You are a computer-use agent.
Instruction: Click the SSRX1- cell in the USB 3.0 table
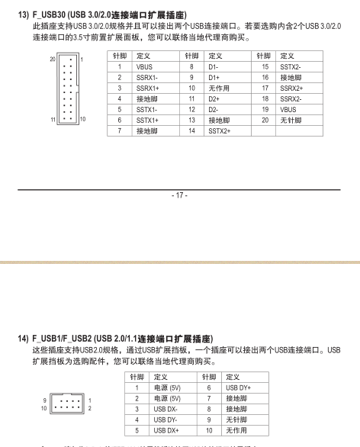(x=147, y=77)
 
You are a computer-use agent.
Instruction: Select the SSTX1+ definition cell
(x=147, y=120)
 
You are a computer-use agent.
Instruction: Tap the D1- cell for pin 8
(x=214, y=66)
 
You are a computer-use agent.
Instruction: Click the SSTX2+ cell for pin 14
(x=219, y=130)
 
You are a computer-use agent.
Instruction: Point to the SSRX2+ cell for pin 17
(x=291, y=88)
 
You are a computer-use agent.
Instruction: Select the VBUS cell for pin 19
(x=288, y=109)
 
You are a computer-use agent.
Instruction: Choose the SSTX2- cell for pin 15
(x=291, y=66)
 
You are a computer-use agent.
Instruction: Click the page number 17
(x=180, y=196)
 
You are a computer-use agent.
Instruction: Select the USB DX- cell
(x=166, y=408)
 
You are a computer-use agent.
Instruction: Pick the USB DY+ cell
(x=238, y=387)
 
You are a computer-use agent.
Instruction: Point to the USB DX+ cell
(x=166, y=429)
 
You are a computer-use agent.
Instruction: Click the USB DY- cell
(x=166, y=419)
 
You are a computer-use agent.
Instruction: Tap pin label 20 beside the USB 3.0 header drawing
(x=53, y=59)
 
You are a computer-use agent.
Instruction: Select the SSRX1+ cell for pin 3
(x=148, y=88)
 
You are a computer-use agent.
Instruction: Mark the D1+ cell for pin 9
(x=214, y=77)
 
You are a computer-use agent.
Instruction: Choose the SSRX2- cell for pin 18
(x=291, y=98)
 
